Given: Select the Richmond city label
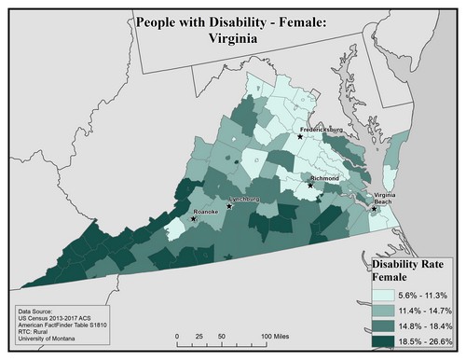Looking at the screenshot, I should [323, 176].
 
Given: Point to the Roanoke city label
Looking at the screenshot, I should [204, 213].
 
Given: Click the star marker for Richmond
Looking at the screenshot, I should [310, 185].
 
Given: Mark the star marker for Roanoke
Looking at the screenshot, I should [194, 220].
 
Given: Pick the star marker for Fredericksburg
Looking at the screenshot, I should [299, 136].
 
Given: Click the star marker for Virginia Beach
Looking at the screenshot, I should [374, 208].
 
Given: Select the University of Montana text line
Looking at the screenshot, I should [47, 346].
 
